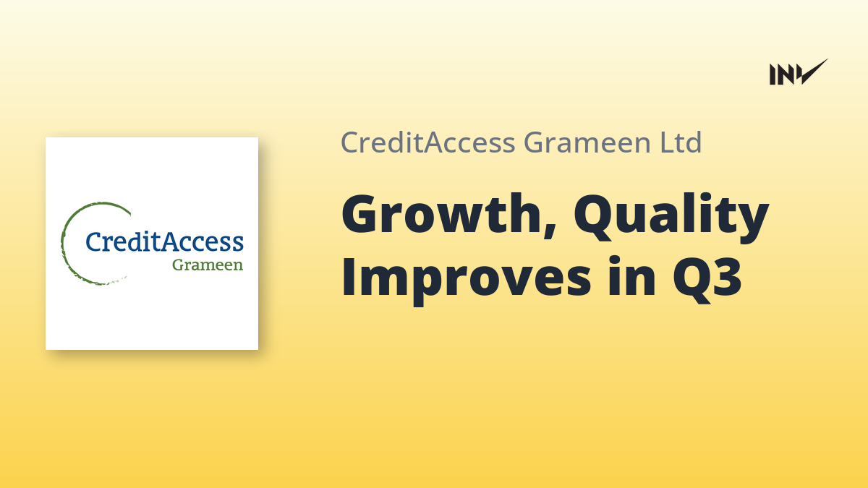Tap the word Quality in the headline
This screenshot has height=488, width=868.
tap(671, 218)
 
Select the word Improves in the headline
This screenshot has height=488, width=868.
tap(466, 280)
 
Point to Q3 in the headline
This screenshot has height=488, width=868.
tap(707, 280)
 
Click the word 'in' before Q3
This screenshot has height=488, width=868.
tap(631, 276)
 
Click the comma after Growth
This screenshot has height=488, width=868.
tap(550, 228)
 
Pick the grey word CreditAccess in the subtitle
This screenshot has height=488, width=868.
tap(427, 142)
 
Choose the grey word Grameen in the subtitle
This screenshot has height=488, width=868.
tap(587, 142)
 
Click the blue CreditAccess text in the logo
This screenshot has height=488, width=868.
tap(164, 241)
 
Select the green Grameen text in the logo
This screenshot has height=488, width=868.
tap(208, 265)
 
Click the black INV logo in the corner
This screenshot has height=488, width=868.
tap(799, 72)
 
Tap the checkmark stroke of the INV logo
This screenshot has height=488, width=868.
tap(814, 72)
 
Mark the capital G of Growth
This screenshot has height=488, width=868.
tap(362, 214)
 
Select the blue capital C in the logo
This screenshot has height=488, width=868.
tap(94, 241)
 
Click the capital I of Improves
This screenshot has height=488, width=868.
tap(348, 276)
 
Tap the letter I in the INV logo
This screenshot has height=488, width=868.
tap(772, 74)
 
